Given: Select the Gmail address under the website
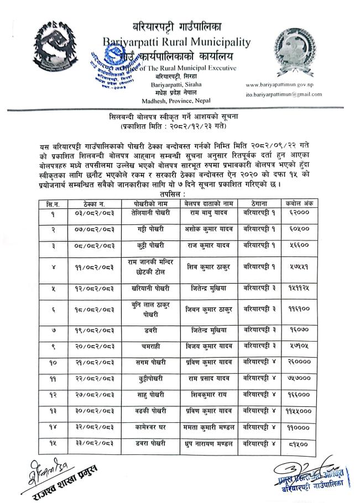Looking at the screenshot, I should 284,95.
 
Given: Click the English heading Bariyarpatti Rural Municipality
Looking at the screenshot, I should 176,41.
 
